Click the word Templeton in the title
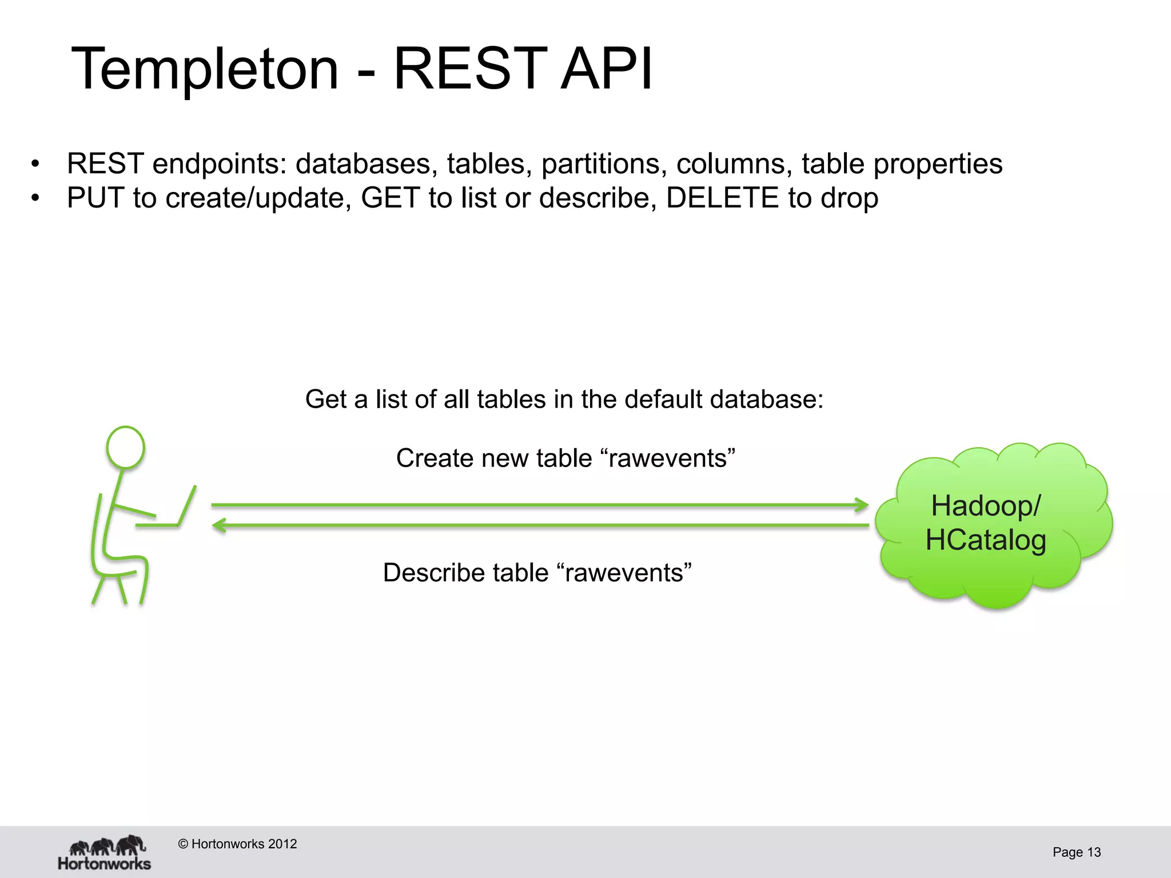(x=205, y=70)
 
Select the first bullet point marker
(x=35, y=165)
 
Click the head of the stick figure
(x=126, y=448)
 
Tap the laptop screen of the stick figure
(x=187, y=505)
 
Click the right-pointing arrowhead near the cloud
(x=861, y=505)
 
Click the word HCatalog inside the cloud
(x=986, y=540)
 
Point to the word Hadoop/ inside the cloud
(x=986, y=506)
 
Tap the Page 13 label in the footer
(x=1076, y=852)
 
